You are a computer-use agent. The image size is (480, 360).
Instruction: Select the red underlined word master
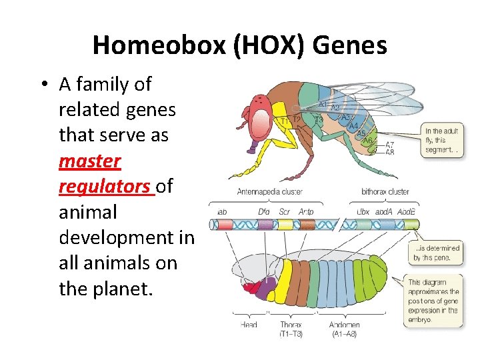[89, 161]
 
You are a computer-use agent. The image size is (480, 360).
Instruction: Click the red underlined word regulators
[105, 187]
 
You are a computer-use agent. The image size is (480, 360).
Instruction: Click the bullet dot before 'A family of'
[45, 85]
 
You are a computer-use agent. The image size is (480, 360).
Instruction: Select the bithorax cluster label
[385, 192]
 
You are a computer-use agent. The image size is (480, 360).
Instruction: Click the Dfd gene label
[264, 212]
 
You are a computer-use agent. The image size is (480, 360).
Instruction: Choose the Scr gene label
[285, 212]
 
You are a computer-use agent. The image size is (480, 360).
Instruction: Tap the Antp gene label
[306, 212]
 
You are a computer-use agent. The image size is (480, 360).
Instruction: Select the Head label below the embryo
[249, 325]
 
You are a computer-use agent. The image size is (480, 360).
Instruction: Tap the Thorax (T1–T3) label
[291, 329]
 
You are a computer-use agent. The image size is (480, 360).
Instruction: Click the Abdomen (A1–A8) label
[344, 329]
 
